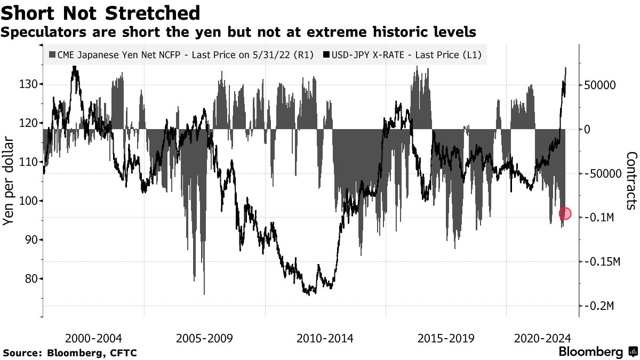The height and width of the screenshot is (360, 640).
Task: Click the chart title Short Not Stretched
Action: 101,12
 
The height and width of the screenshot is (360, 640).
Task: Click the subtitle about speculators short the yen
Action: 238,33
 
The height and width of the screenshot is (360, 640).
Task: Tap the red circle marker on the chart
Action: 565,214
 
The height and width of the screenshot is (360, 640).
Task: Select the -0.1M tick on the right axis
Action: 601,218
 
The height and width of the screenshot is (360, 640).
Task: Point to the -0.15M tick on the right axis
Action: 603,262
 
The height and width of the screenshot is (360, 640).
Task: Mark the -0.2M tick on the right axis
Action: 601,306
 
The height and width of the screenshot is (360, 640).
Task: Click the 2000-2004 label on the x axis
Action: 93,338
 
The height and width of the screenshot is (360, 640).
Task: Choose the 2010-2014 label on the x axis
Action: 325,338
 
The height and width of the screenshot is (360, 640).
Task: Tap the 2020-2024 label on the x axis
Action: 542,338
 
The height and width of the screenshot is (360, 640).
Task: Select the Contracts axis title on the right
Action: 631,180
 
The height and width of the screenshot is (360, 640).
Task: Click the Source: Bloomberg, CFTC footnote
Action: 70,353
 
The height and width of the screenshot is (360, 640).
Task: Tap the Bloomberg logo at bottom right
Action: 597,352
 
